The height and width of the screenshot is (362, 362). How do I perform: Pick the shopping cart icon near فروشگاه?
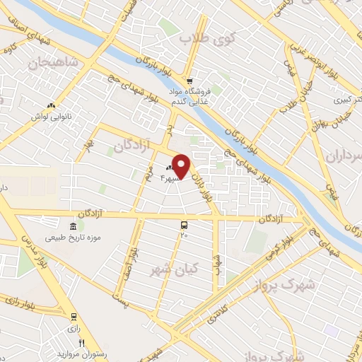click(190, 81)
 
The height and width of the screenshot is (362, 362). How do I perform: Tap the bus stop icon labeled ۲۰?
click(185, 225)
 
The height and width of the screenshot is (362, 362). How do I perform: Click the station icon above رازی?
click(74, 316)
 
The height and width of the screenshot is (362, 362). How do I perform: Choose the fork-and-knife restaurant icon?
click(81, 343)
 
